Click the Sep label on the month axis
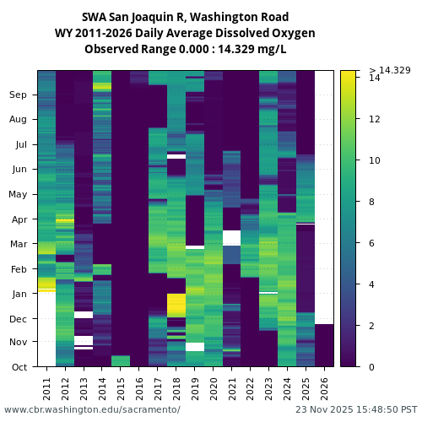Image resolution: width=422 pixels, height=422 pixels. point(19,95)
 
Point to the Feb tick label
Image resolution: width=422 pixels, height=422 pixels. point(19,268)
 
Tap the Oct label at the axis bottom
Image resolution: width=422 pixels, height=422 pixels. point(19,367)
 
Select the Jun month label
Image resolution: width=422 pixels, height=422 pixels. point(19,170)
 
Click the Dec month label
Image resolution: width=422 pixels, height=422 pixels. point(19,318)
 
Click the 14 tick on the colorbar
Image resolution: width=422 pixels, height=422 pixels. point(375,78)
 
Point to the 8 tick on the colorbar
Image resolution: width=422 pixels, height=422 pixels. point(372,202)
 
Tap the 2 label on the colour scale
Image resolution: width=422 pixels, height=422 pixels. point(372,326)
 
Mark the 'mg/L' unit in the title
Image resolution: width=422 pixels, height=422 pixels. point(273,49)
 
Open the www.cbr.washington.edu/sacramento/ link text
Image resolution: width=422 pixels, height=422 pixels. point(92,409)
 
